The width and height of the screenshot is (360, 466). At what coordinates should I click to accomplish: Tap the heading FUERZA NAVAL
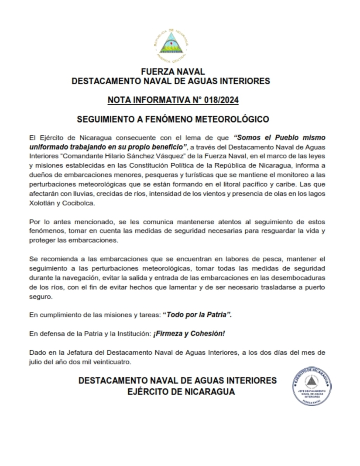(x=173, y=72)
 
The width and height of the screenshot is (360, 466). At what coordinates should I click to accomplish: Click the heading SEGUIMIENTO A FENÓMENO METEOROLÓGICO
(x=173, y=119)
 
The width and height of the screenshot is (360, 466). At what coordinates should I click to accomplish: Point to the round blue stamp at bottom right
(x=312, y=386)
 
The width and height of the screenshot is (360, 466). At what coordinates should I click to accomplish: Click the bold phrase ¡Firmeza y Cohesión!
(x=189, y=334)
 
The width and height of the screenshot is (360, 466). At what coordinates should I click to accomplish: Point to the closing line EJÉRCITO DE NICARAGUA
(x=181, y=391)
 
